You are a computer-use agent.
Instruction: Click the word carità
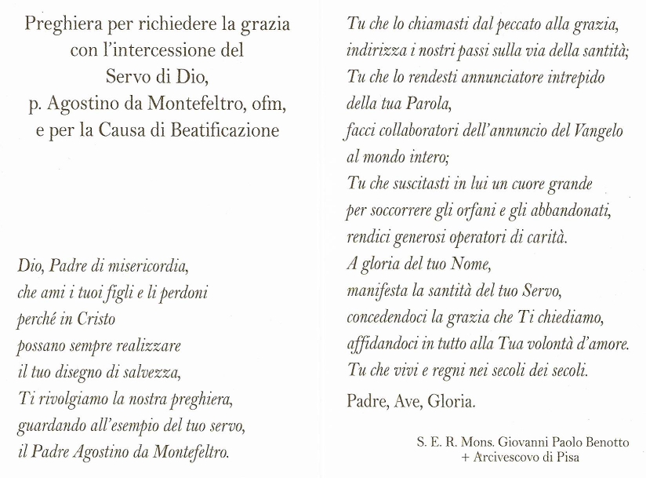click(x=545, y=237)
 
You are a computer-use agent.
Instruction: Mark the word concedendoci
click(x=387, y=317)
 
